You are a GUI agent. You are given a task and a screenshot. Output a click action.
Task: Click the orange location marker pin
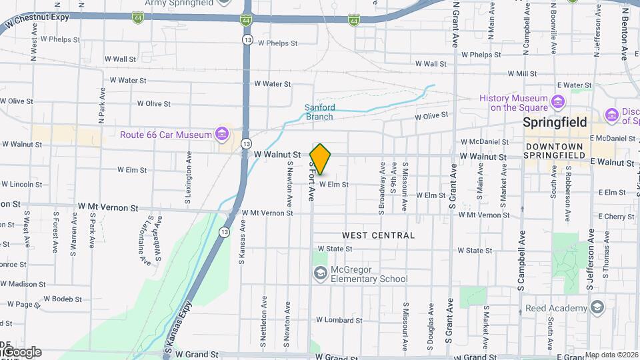(320, 159)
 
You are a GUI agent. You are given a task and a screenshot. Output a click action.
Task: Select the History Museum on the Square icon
(557, 103)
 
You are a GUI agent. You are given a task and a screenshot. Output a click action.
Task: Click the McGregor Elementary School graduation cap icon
(321, 273)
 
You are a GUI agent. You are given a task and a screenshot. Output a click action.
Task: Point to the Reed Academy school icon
(596, 307)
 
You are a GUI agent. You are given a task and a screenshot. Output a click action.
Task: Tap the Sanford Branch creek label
(320, 112)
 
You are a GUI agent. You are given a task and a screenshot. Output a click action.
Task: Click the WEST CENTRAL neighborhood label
(378, 235)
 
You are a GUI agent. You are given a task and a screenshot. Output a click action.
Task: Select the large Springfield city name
(555, 123)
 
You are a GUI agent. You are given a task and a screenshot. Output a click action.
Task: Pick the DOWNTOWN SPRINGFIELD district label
(554, 151)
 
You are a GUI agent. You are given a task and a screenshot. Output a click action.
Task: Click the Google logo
(21, 352)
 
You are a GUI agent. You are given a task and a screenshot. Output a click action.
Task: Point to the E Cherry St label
(616, 217)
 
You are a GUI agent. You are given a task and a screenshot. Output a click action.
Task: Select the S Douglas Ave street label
(431, 326)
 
